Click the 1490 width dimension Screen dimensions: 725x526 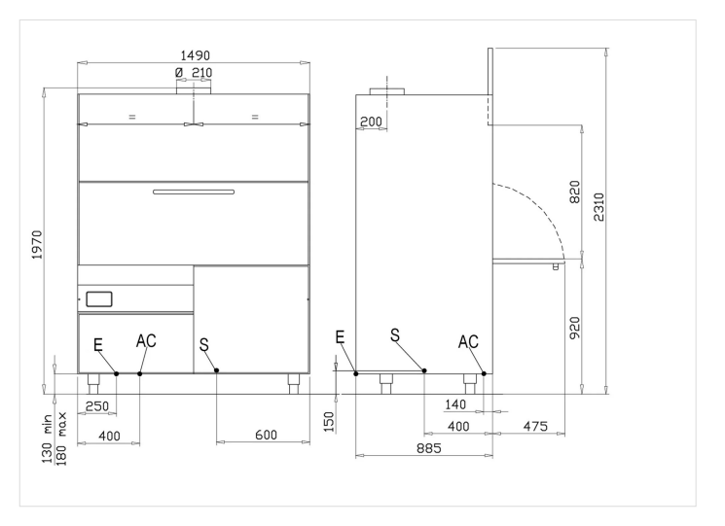point(195,55)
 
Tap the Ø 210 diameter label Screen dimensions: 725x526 point(194,73)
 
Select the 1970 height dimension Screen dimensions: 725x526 point(37,245)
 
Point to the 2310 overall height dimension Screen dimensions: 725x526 point(598,207)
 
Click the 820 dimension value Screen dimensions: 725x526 point(574,193)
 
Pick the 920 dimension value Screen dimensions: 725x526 point(574,328)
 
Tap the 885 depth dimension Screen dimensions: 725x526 point(429,448)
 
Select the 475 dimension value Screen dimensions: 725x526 point(535,426)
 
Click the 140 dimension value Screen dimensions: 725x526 point(455,404)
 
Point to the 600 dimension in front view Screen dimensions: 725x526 point(267,435)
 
